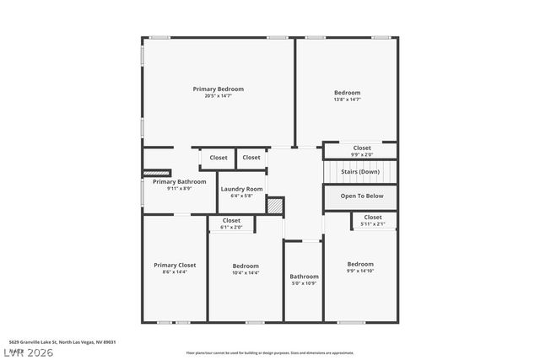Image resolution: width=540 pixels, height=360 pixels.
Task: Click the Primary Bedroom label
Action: point(218,89)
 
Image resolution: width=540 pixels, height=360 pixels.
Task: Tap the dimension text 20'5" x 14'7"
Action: point(218,96)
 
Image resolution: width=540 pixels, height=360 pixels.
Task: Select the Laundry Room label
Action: point(242,189)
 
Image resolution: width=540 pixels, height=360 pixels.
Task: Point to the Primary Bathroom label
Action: point(179,181)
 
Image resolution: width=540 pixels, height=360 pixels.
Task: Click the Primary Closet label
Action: point(175,265)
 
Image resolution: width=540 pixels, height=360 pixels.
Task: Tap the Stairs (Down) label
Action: point(360,172)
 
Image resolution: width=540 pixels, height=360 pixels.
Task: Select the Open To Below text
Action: point(361,196)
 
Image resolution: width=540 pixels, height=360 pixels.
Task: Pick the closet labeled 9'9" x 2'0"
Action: point(361,151)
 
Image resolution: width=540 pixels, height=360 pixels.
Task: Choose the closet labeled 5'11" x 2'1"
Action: point(372,220)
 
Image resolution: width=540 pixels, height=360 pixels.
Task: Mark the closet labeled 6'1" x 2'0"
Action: point(231,223)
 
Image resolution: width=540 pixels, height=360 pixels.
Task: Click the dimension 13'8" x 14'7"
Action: point(347,100)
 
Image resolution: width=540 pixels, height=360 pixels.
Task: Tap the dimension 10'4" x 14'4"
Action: point(246,272)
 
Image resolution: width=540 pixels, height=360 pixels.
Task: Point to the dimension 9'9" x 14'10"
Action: point(360,271)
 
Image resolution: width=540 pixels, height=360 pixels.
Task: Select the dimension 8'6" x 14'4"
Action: point(175,272)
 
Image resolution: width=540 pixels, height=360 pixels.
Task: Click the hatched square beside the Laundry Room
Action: point(275,205)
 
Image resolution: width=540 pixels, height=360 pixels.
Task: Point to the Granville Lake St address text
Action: point(62,342)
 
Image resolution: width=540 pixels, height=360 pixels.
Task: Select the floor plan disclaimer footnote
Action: point(269,352)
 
